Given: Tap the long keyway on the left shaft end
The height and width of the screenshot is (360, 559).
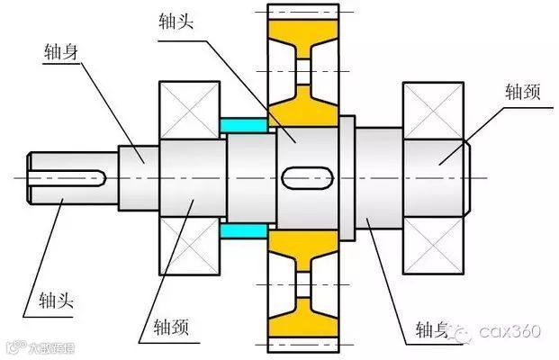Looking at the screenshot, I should (x=70, y=175).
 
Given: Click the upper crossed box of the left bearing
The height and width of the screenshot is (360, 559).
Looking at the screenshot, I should (x=190, y=109).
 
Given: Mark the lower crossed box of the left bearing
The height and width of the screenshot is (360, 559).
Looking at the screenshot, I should (x=190, y=245).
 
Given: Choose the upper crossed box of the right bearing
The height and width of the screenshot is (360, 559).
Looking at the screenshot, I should (x=432, y=111).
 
